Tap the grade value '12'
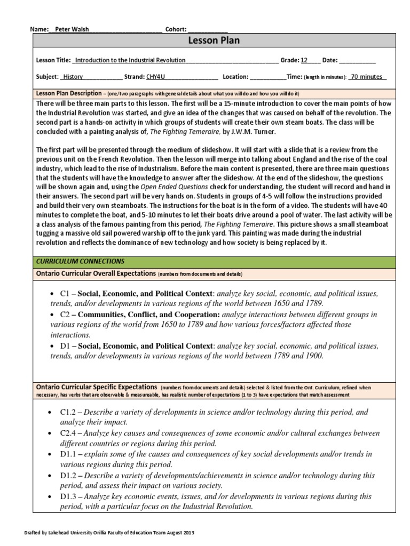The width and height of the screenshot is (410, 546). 304,61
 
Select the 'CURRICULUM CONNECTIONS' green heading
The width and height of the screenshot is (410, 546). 80,261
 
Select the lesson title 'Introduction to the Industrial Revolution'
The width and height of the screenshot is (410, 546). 129,61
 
